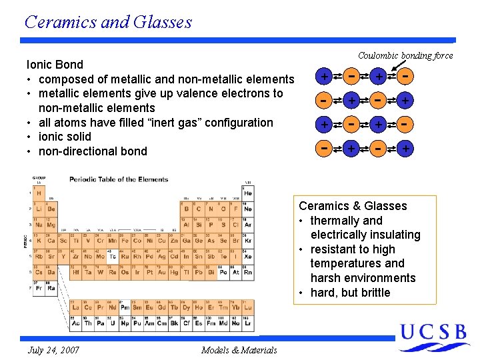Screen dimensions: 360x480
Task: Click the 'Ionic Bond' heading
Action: click(55, 65)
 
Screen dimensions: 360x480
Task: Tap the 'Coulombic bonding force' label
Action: click(405, 55)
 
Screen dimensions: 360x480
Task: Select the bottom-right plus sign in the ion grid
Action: click(405, 149)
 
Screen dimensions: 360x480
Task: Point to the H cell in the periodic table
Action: click(39, 193)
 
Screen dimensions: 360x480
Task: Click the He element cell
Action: click(248, 193)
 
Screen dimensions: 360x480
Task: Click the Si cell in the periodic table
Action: click(199, 225)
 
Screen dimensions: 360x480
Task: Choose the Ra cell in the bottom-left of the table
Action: click(51, 288)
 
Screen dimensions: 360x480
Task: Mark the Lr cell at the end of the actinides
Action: click(248, 323)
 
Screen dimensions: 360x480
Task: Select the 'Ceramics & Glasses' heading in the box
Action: click(353, 206)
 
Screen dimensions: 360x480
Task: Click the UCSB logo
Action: click(433, 334)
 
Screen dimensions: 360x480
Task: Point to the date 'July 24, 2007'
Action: click(53, 350)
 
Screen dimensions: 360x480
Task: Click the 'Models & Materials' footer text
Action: click(239, 350)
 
